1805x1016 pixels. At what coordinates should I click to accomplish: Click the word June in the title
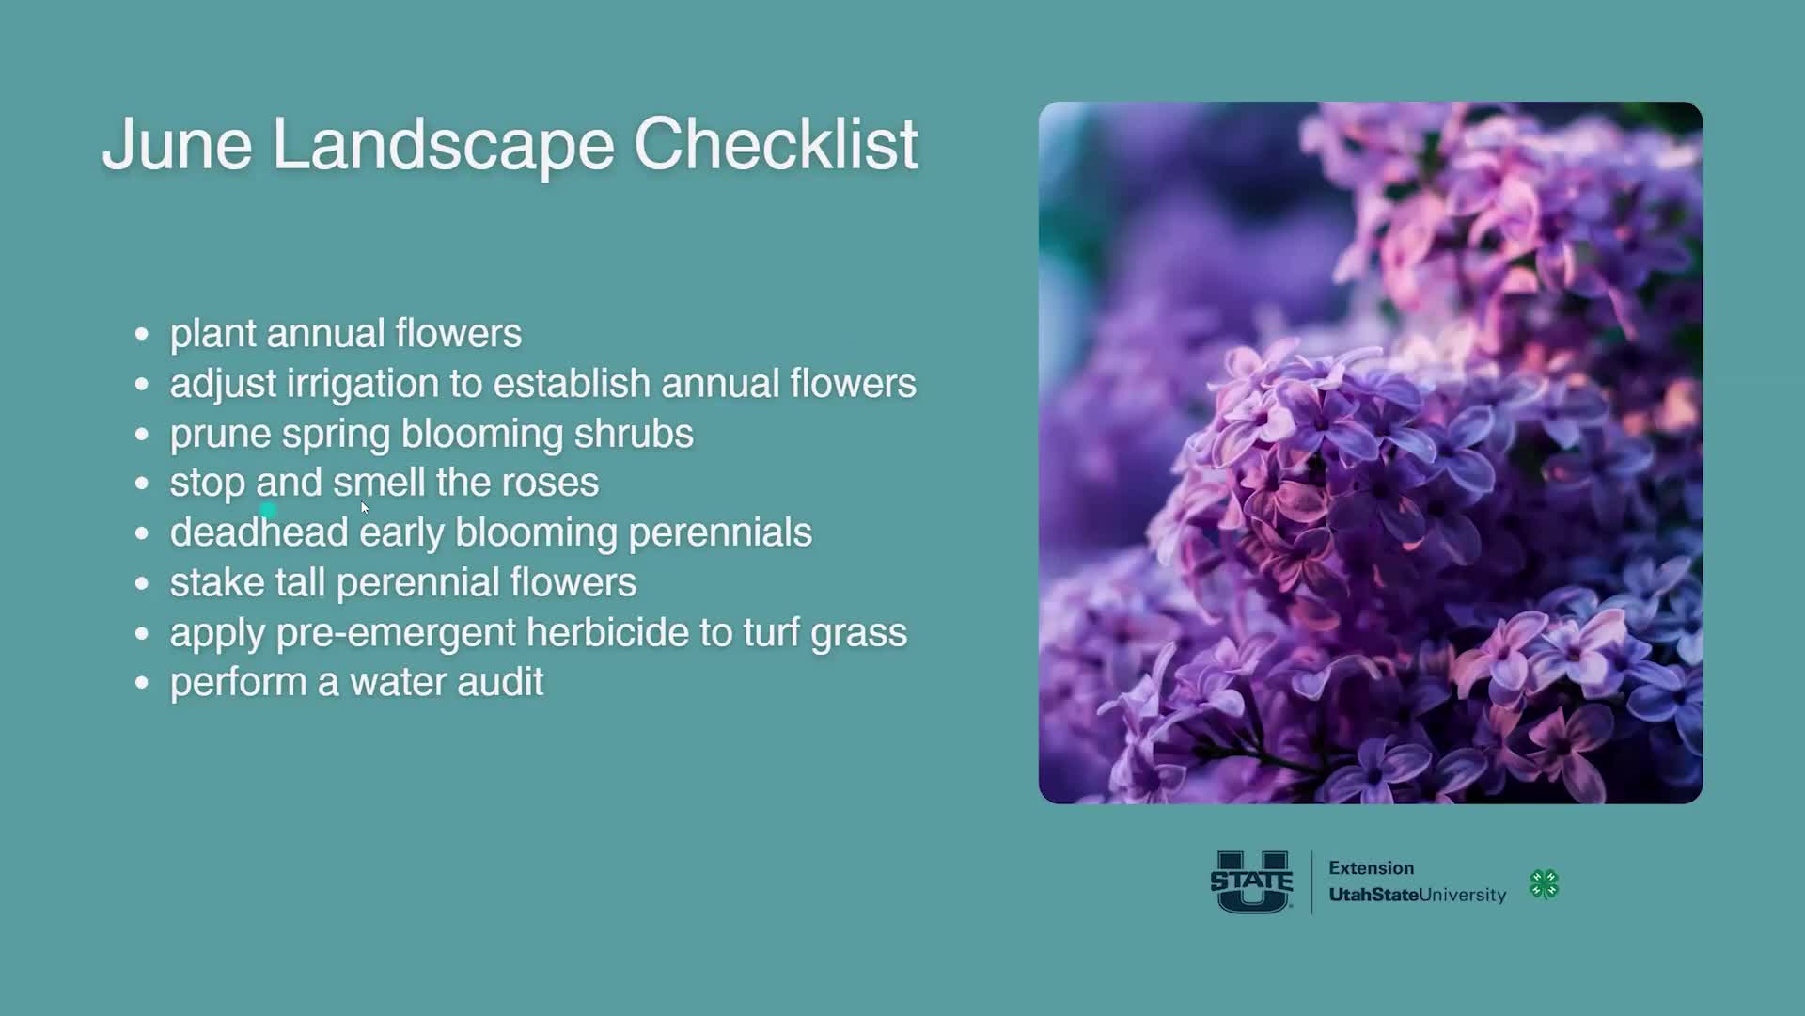177,145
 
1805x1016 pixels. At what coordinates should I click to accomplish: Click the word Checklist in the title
775,145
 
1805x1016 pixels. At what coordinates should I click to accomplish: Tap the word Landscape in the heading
443,145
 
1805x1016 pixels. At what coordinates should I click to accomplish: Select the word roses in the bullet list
550,483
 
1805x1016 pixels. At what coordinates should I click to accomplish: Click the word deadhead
259,532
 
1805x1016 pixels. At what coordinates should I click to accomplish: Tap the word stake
216,582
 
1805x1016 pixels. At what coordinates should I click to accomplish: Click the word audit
499,682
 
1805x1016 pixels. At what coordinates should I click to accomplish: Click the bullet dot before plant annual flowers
142,334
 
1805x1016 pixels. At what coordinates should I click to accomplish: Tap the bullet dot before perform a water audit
142,682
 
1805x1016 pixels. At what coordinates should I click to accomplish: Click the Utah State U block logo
1251,881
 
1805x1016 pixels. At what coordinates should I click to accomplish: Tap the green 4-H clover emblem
1544,884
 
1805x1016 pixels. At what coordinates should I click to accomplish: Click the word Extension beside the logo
1371,868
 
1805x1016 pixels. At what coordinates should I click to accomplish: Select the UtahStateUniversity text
1417,895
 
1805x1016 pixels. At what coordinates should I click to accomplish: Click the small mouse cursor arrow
365,508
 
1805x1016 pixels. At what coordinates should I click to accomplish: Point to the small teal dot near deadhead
269,511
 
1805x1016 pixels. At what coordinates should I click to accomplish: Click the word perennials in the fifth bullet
719,532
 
